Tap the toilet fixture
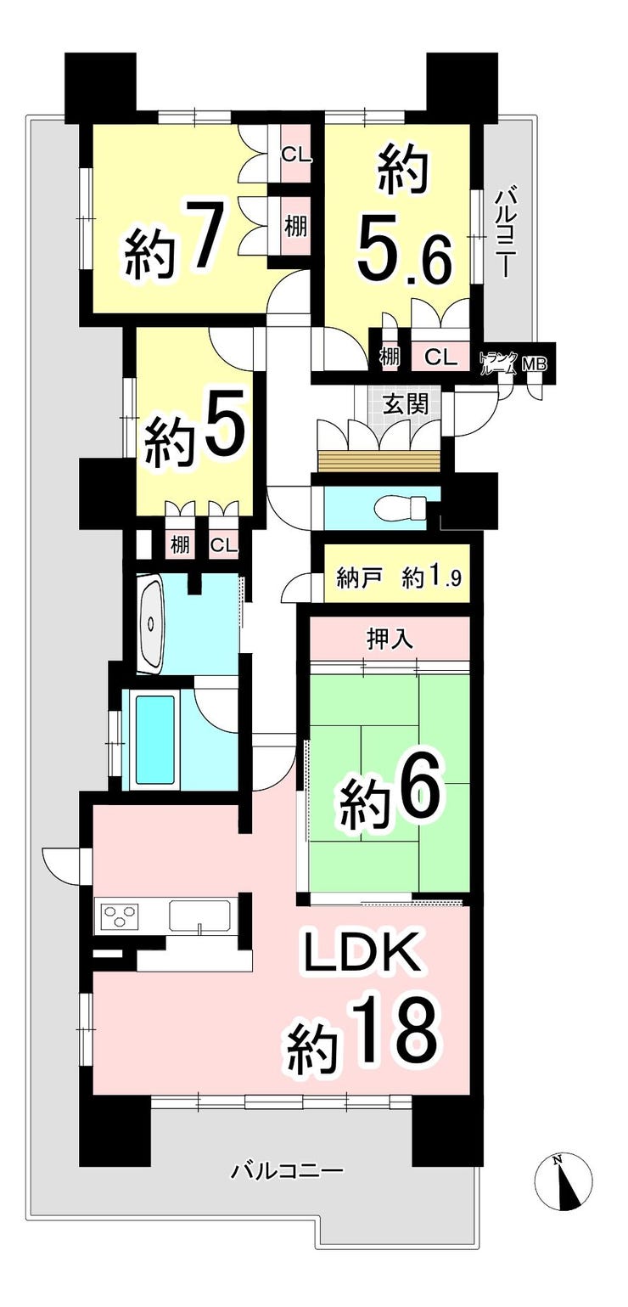[x=402, y=506]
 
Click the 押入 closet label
[x=390, y=639]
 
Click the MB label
[x=534, y=364]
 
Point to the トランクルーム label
[x=497, y=363]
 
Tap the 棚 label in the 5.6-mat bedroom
[x=389, y=356]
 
